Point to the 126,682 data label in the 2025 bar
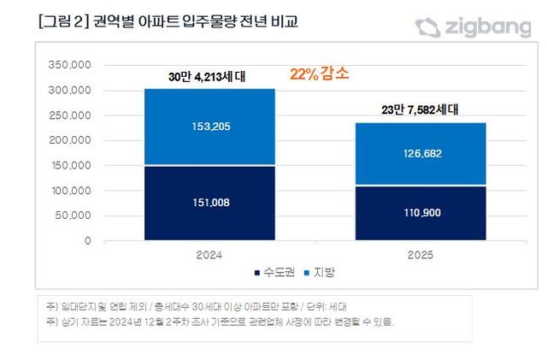pos(421,154)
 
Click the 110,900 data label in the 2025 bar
pos(421,212)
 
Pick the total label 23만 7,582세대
pos(421,109)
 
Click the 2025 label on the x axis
pos(421,254)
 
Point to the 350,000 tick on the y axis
pos(70,65)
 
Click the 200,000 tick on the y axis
pos(70,140)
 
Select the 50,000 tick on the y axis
pos(73,215)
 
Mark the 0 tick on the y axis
pos(86,241)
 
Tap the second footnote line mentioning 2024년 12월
pos(226,322)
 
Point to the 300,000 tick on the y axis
pos(70,91)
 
